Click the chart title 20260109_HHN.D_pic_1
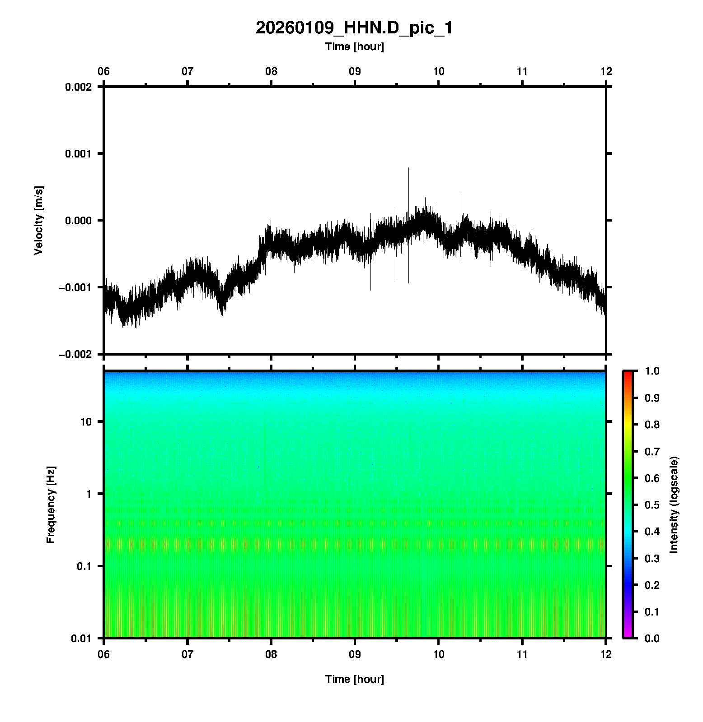pyautogui.click(x=354, y=28)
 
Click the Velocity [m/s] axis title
pyautogui.click(x=39, y=220)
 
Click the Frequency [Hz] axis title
pyautogui.click(x=51, y=504)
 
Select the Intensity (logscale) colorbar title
pyautogui.click(x=674, y=504)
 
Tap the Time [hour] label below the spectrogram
pyautogui.click(x=354, y=679)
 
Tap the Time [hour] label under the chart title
pyautogui.click(x=354, y=46)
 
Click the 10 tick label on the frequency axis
pyautogui.click(x=86, y=422)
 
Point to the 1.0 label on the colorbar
pyautogui.click(x=652, y=371)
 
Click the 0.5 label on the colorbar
pyautogui.click(x=652, y=504)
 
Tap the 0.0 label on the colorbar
pyautogui.click(x=652, y=638)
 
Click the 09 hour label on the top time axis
pyautogui.click(x=355, y=71)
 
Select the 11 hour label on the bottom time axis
pyautogui.click(x=522, y=654)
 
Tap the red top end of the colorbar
pyautogui.click(x=627, y=374)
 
